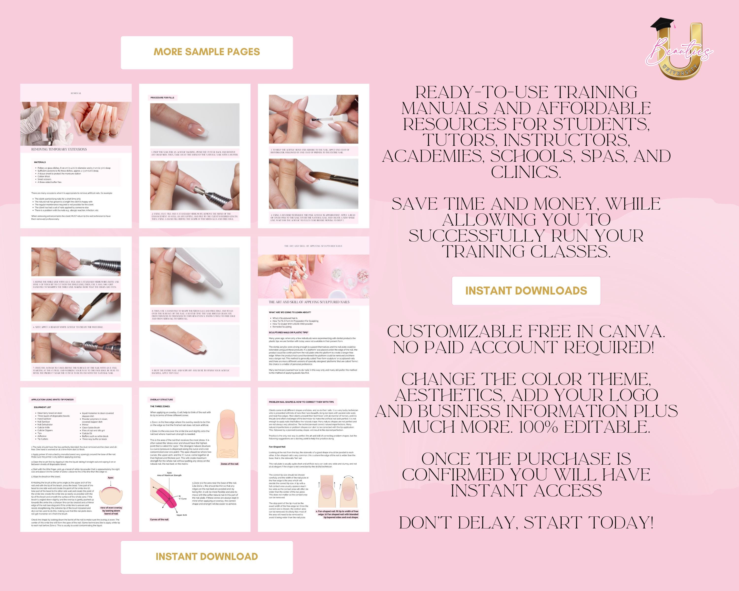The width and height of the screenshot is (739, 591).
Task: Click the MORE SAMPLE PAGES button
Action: tap(207, 52)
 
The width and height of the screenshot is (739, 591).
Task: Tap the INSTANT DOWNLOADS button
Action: tap(526, 291)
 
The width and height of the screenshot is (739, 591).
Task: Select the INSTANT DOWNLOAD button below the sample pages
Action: tap(207, 556)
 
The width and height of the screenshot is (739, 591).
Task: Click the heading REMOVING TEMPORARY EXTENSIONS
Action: tap(59, 149)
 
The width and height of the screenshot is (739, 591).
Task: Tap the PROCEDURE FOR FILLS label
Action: tap(162, 98)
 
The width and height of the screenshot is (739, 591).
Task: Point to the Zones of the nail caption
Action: tap(229, 464)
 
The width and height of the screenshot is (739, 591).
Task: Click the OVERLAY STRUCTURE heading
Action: tap(161, 399)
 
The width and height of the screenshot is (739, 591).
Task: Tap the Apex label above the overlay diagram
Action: tap(110, 477)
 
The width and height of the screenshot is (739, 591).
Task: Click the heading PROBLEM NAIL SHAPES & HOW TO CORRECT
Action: tap(301, 402)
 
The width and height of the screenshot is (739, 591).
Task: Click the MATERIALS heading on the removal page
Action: tap(40, 162)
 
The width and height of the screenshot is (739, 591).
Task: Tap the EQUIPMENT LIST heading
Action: tap(43, 407)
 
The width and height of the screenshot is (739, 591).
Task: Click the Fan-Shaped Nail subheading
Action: tap(277, 447)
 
